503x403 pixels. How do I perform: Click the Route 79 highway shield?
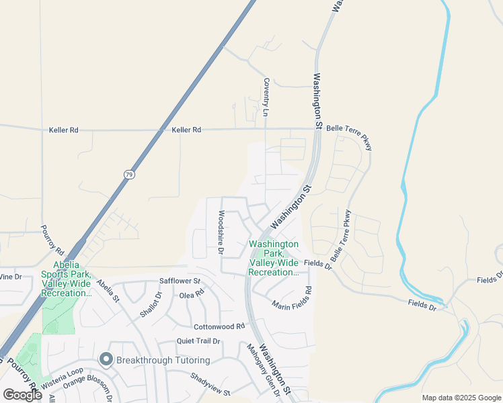point(128,174)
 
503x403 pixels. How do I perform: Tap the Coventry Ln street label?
point(266,97)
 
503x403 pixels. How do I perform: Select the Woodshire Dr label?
point(221,232)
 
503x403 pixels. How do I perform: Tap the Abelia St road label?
point(107,290)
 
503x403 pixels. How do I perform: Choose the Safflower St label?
point(180,281)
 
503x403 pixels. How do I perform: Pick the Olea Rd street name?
point(191,295)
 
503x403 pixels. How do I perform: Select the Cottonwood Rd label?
point(218,326)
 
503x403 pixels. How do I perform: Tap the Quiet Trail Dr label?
point(198,341)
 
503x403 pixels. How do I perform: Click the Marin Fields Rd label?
point(292,299)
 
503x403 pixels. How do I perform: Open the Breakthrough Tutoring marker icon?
point(106,360)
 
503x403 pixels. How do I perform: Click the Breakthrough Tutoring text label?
point(163,361)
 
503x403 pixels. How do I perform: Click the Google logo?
point(22,395)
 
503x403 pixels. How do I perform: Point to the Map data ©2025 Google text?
point(461,398)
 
